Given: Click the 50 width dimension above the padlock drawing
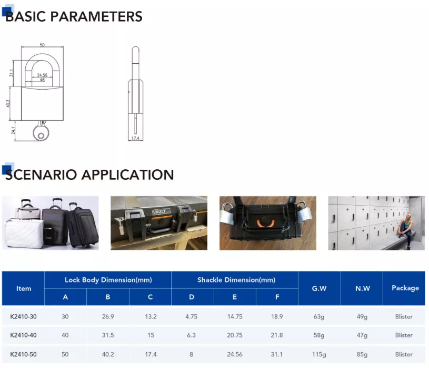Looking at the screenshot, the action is [x=42, y=45].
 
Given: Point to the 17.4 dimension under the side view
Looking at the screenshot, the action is [x=135, y=138].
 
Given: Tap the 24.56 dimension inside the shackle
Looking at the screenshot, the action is [x=42, y=75].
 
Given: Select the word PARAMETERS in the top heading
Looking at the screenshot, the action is [x=96, y=16].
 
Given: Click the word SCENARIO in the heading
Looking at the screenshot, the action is [x=41, y=175].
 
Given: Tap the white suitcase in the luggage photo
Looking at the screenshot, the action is [x=24, y=233].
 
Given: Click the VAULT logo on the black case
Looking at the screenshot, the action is [x=161, y=211].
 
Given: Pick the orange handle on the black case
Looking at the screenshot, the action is [x=265, y=224].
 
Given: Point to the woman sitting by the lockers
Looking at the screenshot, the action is [x=405, y=231].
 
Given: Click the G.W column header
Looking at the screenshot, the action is [x=320, y=288].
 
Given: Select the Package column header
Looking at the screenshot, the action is [x=405, y=288].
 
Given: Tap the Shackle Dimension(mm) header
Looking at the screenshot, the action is [x=236, y=280].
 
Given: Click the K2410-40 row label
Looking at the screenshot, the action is [x=23, y=335].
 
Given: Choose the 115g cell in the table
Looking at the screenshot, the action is [x=319, y=355].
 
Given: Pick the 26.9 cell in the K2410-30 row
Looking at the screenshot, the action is [x=108, y=316].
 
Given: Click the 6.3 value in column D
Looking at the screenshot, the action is [x=191, y=335].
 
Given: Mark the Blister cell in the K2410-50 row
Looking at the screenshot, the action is [x=404, y=354].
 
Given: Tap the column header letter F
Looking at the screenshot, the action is [x=277, y=297].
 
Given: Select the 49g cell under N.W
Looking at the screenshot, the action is [x=362, y=317].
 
